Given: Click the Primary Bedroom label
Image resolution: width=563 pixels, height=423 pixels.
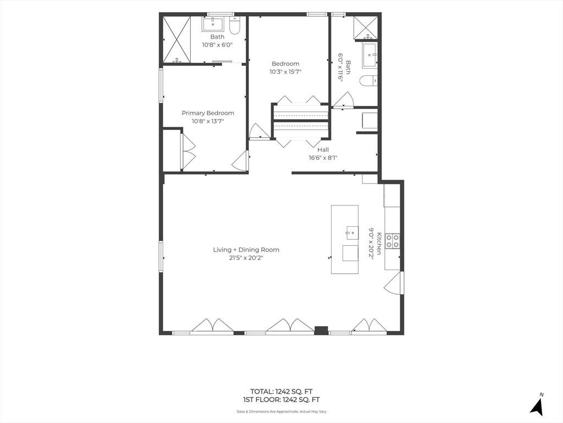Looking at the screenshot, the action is [x=208, y=113].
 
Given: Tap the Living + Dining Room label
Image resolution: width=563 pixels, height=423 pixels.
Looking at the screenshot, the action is [x=246, y=250].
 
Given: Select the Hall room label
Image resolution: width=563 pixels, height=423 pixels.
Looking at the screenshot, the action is [x=323, y=150].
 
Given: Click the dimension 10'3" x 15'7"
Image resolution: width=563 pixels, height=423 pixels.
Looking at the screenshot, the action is [x=285, y=72].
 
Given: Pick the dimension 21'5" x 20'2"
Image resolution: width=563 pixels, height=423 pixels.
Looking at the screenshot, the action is [x=246, y=258].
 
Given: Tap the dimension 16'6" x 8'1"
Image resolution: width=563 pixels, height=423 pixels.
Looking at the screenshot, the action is [x=323, y=158].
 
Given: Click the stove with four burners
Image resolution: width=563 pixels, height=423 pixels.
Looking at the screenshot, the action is [x=393, y=241].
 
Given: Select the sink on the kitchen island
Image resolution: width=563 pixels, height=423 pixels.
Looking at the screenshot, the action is [x=352, y=233].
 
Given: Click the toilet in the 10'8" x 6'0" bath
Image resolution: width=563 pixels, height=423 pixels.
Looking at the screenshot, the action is [x=234, y=26].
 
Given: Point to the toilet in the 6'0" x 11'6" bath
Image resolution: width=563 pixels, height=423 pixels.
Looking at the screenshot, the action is [x=369, y=82].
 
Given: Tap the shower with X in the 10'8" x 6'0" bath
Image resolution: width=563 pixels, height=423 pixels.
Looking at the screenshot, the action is [x=176, y=40].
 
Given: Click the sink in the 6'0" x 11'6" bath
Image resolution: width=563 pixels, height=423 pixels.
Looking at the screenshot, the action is [x=370, y=56].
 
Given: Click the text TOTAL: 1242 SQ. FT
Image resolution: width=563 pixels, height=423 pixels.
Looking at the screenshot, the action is [x=281, y=392].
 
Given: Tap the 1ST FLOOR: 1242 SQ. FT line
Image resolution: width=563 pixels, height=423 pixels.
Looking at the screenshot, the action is [x=281, y=400].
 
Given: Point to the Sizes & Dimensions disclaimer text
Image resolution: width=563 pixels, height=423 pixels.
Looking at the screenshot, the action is [x=281, y=411].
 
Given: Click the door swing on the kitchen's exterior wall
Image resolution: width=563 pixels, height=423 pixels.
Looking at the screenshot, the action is [x=393, y=283].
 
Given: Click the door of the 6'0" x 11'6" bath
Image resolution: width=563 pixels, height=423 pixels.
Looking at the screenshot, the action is [x=343, y=100].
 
